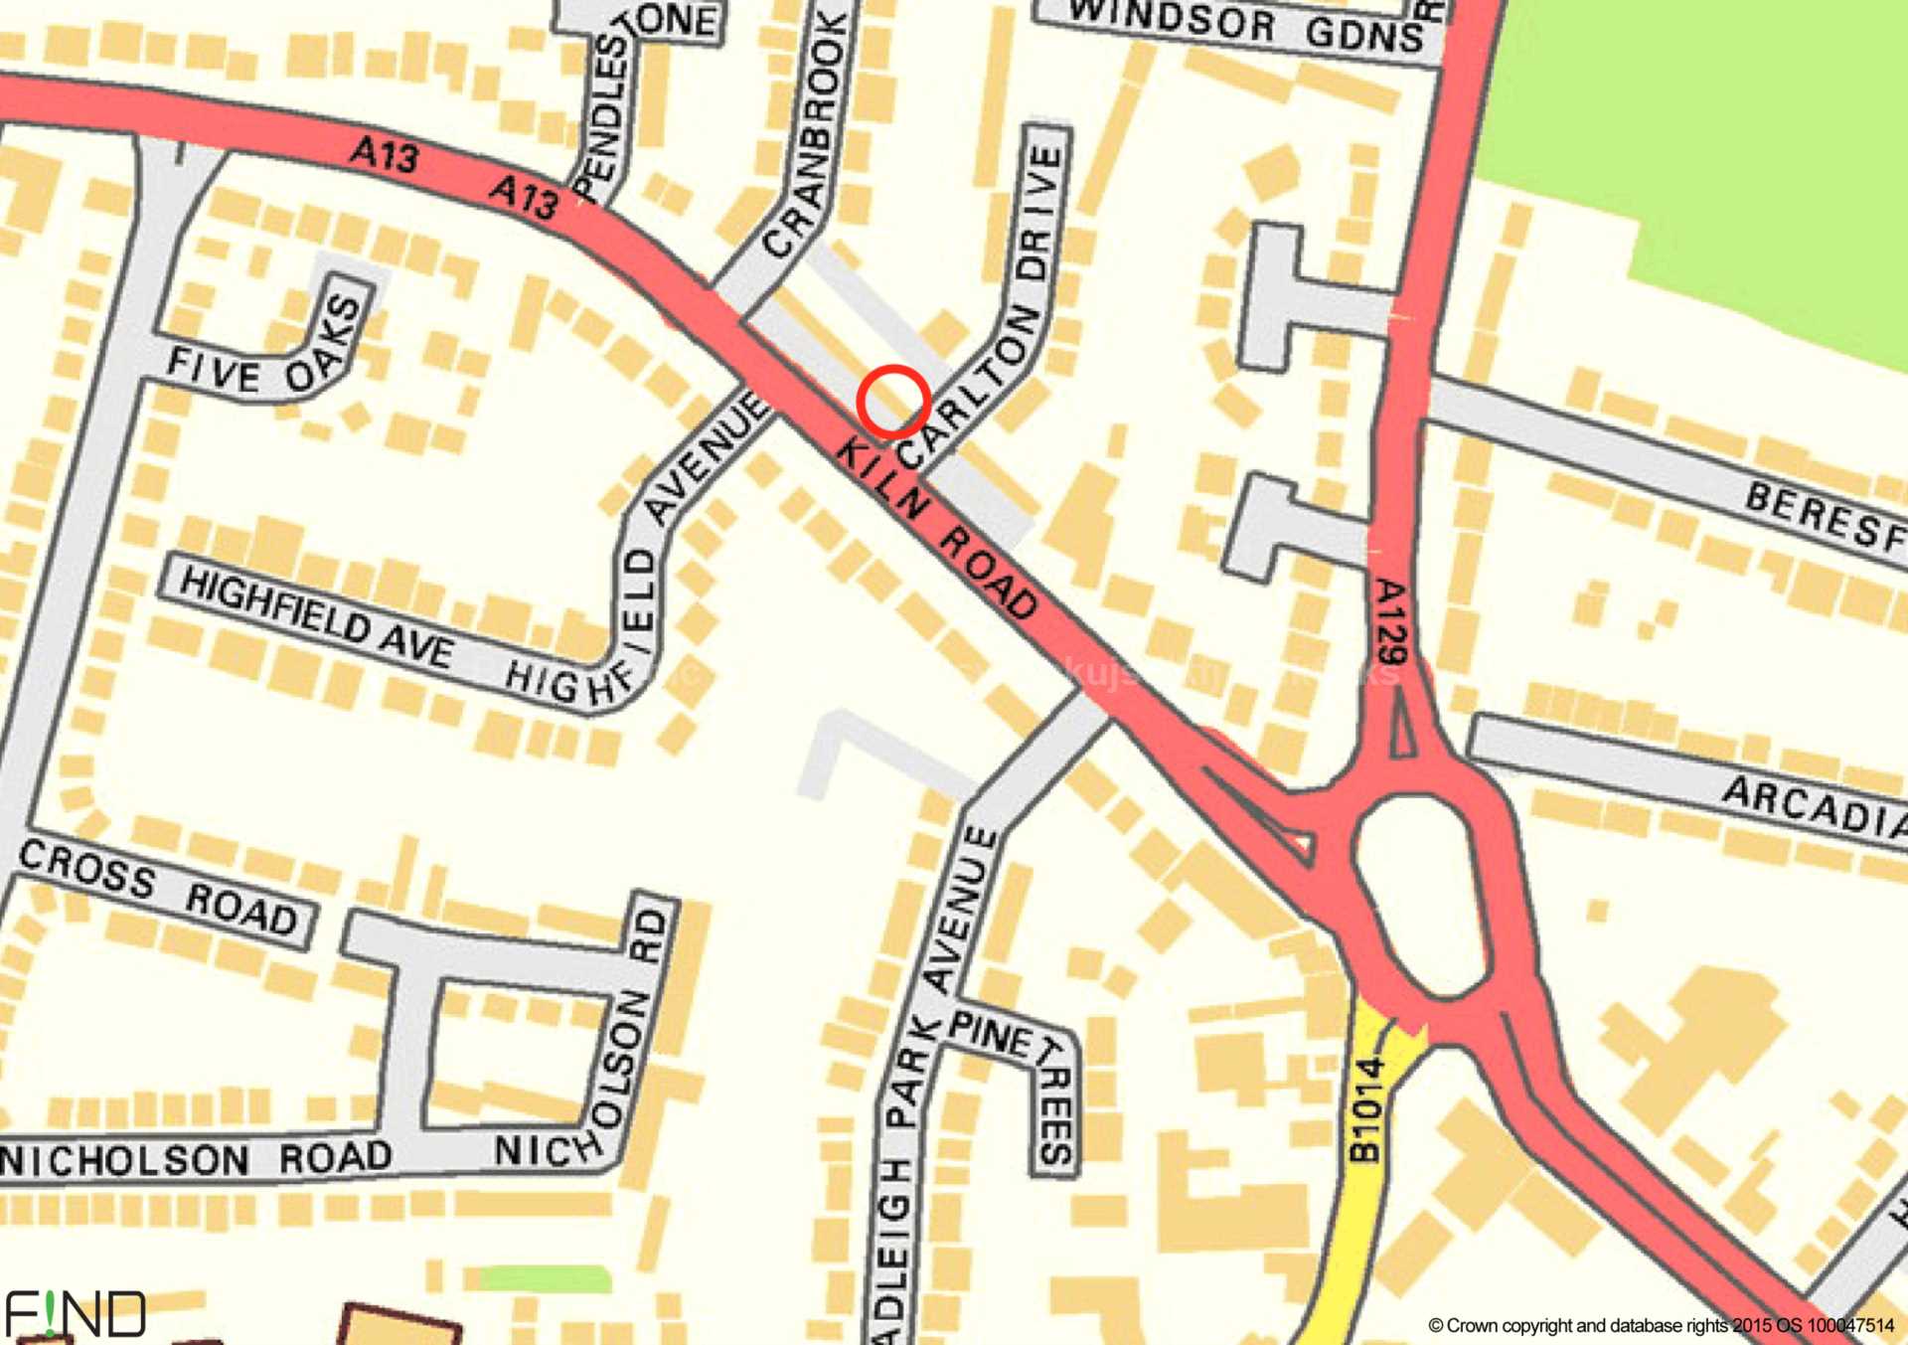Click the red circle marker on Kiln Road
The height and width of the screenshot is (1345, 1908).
pyautogui.click(x=893, y=402)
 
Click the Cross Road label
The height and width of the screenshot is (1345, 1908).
pyautogui.click(x=159, y=889)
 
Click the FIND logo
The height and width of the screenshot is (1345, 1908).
pyautogui.click(x=76, y=1314)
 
